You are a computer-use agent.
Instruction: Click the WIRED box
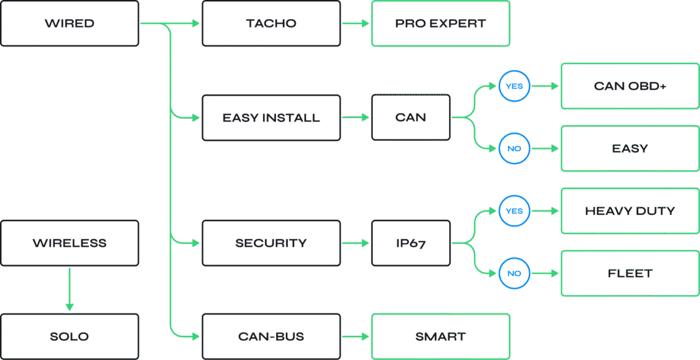(69, 24)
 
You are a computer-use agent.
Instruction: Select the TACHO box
(271, 24)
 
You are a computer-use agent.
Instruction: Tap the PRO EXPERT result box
(440, 24)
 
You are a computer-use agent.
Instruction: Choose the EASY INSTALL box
(271, 118)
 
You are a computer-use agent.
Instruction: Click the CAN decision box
(411, 118)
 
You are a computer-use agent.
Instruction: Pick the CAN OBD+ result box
(630, 86)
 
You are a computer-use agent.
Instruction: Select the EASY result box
(630, 149)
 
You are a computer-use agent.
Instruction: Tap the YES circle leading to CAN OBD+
(514, 86)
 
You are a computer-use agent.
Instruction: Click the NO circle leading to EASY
(514, 149)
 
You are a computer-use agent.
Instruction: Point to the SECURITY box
(271, 243)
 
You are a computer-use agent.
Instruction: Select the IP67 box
(411, 243)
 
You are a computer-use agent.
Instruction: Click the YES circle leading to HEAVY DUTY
(514, 211)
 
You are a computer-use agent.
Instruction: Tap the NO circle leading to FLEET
(514, 274)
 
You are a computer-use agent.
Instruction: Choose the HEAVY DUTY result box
(630, 211)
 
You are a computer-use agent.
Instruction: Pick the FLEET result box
(630, 274)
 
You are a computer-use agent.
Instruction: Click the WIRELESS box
(69, 243)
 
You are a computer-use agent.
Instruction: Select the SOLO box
(69, 337)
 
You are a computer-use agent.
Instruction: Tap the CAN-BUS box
(271, 337)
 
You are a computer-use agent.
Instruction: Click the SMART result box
(440, 337)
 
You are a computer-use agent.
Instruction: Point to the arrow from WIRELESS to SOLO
(69, 289)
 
